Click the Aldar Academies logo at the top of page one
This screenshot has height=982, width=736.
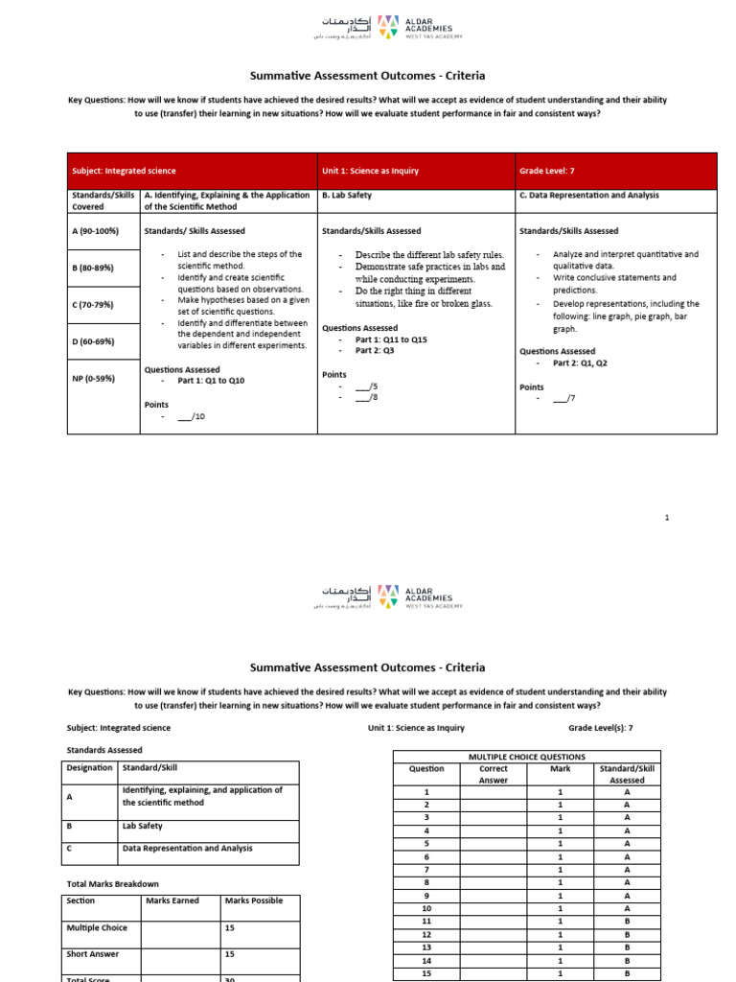[x=386, y=27]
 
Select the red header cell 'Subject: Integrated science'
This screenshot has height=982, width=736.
[x=124, y=171]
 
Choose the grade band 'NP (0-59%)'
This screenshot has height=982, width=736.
[x=93, y=378]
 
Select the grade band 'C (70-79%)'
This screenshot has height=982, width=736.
[x=93, y=304]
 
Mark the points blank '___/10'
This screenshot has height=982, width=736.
[x=191, y=417]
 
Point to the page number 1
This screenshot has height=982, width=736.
[x=667, y=518]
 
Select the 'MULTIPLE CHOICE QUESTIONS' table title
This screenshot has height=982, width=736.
[x=525, y=757]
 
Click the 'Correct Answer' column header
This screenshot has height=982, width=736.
[x=493, y=774]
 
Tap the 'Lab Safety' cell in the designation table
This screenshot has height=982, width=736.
[x=142, y=826]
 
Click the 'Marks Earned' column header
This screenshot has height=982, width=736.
[x=172, y=900]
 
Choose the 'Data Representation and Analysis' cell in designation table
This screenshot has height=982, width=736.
[x=188, y=848]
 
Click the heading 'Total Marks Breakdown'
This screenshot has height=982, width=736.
[x=112, y=883]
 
